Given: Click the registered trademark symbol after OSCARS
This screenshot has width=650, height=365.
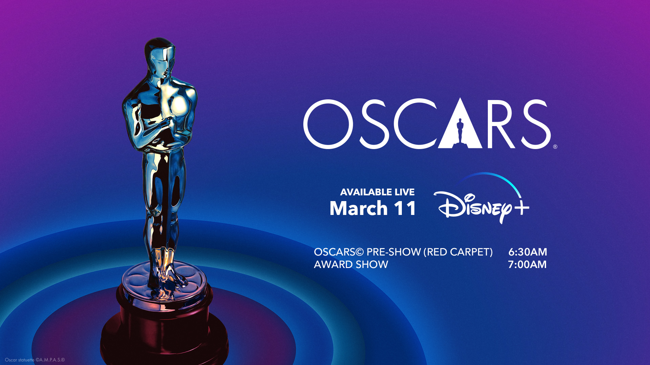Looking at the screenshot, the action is [x=555, y=147].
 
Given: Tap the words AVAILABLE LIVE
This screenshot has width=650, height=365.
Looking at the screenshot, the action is [x=377, y=192].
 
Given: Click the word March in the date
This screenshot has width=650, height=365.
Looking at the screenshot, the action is [x=359, y=208].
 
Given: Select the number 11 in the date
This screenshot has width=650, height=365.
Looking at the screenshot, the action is [x=405, y=208].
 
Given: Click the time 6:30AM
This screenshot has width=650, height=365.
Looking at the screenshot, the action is [x=527, y=252].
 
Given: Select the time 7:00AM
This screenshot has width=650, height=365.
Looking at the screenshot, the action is [x=527, y=265].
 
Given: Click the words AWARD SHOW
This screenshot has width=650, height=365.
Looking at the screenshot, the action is [x=351, y=265].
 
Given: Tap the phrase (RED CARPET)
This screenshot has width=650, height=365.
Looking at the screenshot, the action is [x=458, y=252].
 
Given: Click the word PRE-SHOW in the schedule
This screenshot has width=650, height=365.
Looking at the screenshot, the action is [x=394, y=252].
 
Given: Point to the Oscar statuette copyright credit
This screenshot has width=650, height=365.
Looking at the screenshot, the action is [x=35, y=360].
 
